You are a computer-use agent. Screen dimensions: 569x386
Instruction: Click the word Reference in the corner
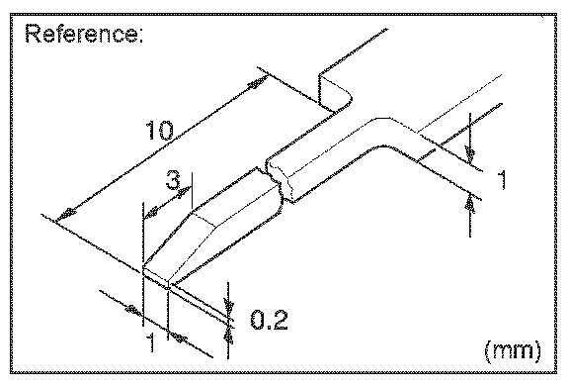coord(81,34)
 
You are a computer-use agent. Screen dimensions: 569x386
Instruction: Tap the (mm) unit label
coord(513,350)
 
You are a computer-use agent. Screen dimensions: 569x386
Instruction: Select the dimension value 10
coord(160,131)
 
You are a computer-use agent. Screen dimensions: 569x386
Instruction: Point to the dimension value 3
coord(173,181)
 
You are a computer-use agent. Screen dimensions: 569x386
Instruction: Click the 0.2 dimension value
coord(269,320)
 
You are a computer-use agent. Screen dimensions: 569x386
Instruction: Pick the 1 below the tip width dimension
coord(151,342)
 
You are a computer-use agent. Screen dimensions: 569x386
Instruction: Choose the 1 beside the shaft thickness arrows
coord(502,179)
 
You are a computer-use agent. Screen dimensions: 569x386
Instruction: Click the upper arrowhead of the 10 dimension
coord(257,83)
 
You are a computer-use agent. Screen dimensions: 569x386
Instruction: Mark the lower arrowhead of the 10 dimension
coord(65,215)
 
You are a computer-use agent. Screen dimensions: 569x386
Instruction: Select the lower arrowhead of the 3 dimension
coord(151,213)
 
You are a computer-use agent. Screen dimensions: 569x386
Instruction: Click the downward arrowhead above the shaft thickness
coord(470,154)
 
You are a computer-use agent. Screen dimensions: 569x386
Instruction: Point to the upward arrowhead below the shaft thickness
coord(470,204)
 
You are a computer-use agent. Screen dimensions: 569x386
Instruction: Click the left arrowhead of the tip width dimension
coord(133,311)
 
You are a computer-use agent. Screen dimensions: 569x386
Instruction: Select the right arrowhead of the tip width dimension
coord(179,338)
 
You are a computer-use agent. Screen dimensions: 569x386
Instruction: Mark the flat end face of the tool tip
coord(156,275)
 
